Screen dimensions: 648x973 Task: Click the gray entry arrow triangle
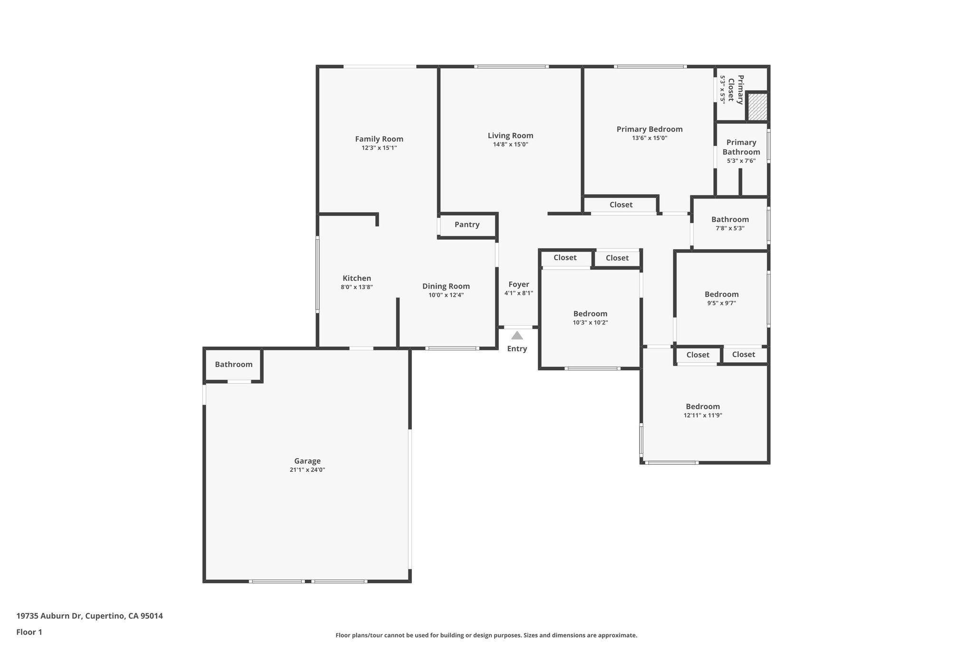[517, 336]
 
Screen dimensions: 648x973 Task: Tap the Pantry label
[467, 225]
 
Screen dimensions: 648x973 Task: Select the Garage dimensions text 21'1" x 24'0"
[307, 470]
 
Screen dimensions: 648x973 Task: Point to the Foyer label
[519, 284]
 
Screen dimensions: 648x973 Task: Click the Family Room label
[379, 139]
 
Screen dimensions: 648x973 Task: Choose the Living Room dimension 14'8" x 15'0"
[511, 144]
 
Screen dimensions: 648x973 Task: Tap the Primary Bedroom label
[649, 129]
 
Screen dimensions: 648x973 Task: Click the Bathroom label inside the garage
[234, 365]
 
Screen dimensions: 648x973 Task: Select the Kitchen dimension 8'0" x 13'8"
[357, 287]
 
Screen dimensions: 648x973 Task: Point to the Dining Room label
[446, 286]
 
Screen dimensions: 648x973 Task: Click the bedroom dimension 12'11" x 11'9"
[703, 415]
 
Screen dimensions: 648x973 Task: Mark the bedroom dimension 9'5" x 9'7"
[721, 303]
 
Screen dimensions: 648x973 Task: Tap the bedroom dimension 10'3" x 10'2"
[590, 323]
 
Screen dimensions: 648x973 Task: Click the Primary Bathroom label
[741, 147]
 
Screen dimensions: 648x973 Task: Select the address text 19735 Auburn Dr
[49, 616]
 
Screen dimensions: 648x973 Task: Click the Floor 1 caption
[29, 632]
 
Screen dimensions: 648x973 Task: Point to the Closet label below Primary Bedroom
[621, 205]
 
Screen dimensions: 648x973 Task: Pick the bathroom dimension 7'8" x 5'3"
[730, 228]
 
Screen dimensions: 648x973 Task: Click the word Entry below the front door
[517, 349]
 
